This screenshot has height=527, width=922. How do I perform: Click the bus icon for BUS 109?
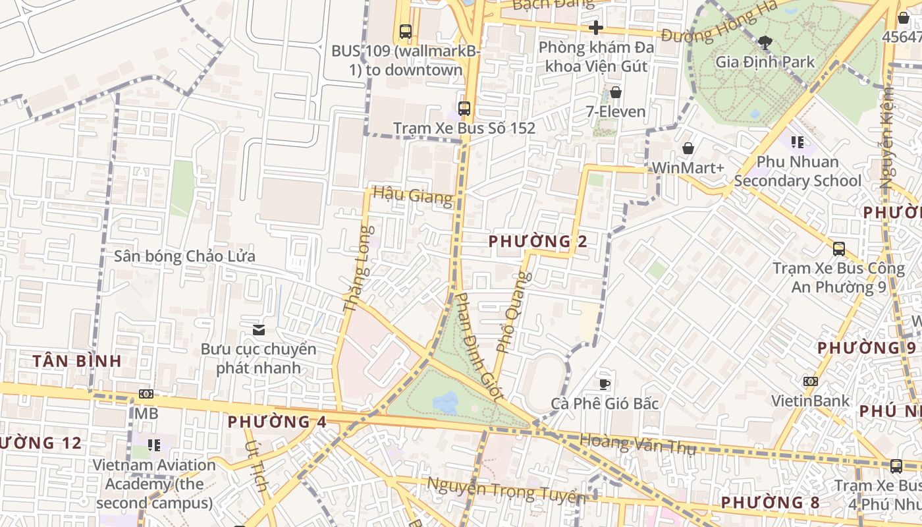coord(405,31)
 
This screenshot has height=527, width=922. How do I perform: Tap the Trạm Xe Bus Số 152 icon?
coord(464,109)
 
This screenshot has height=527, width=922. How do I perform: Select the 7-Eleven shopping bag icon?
coord(616,92)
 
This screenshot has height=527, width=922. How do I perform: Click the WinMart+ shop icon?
coord(688,148)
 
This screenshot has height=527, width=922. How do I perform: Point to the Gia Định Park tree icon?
coord(765,43)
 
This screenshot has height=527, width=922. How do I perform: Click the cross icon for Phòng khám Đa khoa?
coord(596,28)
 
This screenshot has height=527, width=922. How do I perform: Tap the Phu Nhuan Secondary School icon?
coord(798,142)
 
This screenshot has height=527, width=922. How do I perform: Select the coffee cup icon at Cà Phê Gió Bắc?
coord(605,384)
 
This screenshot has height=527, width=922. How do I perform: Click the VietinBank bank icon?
coord(811,381)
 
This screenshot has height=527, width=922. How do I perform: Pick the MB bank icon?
coord(146,394)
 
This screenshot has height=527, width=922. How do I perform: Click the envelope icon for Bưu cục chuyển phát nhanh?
coord(259,329)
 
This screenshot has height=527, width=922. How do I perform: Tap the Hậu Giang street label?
coord(413,196)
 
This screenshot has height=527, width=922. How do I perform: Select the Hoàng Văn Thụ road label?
coord(637,444)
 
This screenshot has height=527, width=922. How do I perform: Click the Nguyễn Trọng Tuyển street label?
coord(506,491)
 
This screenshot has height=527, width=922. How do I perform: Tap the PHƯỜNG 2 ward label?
coord(538,242)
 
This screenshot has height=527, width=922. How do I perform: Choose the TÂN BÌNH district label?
coord(77,361)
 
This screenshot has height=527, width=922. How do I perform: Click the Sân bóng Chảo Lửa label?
coord(184,256)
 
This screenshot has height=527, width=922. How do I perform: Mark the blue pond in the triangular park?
coord(446,402)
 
